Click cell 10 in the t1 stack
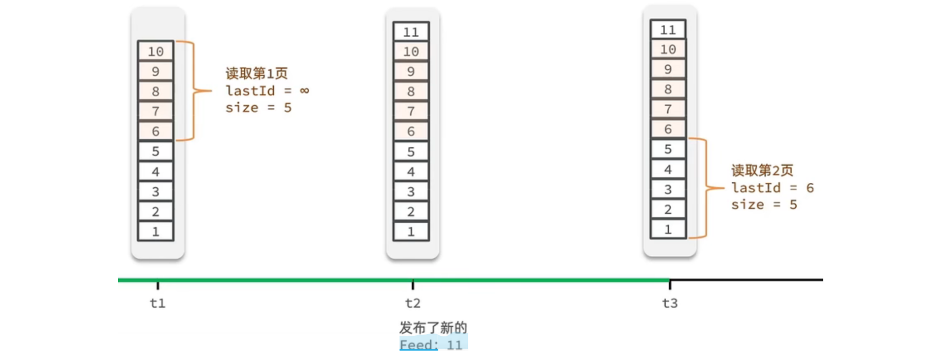(156, 52)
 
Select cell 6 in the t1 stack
(156, 132)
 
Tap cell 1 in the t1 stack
(156, 232)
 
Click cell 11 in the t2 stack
(411, 32)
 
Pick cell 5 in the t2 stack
(411, 152)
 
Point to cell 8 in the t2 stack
(411, 92)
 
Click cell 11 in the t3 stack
(668, 30)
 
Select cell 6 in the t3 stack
(668, 129)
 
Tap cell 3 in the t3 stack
(668, 190)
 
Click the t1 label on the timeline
(158, 304)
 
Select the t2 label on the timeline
(412, 304)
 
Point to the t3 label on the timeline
(670, 304)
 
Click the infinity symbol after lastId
(304, 91)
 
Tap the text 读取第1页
(257, 74)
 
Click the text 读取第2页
(762, 170)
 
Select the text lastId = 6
(772, 188)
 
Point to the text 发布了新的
(433, 327)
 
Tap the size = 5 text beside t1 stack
(258, 108)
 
